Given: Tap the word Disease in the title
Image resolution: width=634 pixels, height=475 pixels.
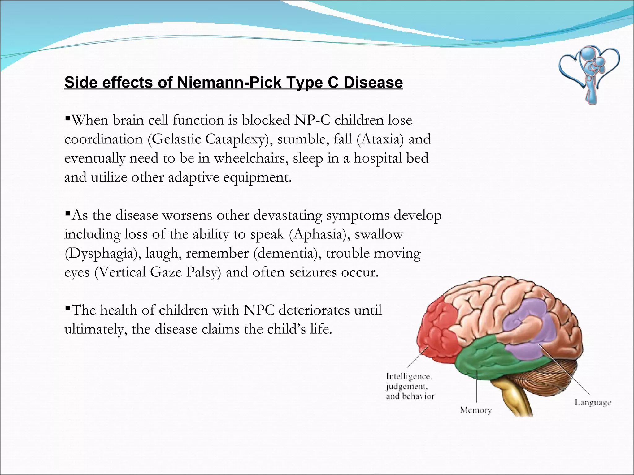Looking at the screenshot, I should click(x=373, y=83).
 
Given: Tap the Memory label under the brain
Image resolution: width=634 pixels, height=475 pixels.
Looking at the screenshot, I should click(x=476, y=410).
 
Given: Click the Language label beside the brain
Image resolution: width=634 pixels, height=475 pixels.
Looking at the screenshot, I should click(x=593, y=402).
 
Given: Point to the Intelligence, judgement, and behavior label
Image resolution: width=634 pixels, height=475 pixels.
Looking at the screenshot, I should click(x=410, y=386).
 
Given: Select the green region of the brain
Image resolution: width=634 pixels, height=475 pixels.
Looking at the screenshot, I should click(x=483, y=356).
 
